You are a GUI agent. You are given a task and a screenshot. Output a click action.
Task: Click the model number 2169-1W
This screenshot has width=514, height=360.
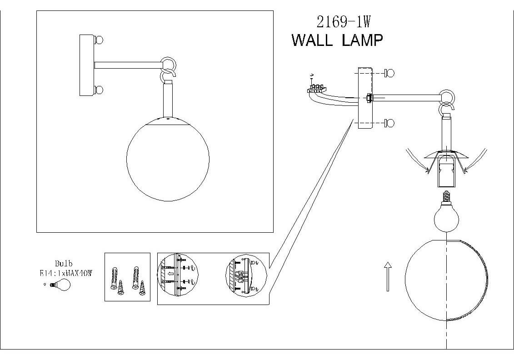[x=340, y=21]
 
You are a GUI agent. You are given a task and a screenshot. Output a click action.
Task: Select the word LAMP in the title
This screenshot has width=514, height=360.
[x=361, y=40]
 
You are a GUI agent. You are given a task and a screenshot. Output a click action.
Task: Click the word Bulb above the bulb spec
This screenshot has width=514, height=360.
[x=64, y=264]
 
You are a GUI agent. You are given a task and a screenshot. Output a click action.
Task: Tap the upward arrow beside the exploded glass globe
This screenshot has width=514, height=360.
[x=387, y=276]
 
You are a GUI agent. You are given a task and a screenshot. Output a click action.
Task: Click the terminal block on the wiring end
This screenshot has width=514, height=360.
[x=316, y=88]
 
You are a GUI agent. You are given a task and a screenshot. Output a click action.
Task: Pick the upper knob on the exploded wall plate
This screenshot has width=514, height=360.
[x=389, y=72]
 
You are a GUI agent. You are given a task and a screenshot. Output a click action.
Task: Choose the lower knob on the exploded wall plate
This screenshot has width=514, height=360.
[x=389, y=123]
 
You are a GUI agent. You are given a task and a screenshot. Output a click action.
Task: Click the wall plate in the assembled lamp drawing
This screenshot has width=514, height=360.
[x=86, y=65]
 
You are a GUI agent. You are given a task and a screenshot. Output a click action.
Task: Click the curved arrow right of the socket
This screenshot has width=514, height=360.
[x=476, y=160]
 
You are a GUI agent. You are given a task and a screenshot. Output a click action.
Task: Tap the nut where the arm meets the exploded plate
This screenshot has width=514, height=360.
[x=369, y=97]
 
